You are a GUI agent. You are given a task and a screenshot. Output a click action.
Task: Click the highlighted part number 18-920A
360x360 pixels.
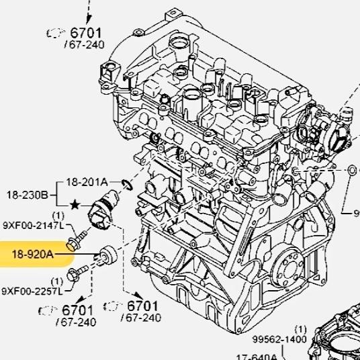tap(32, 255)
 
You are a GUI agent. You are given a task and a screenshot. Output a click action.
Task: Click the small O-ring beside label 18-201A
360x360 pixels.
tap(128, 183)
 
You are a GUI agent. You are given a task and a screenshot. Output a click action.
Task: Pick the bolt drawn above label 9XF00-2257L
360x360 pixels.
tap(76, 275)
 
